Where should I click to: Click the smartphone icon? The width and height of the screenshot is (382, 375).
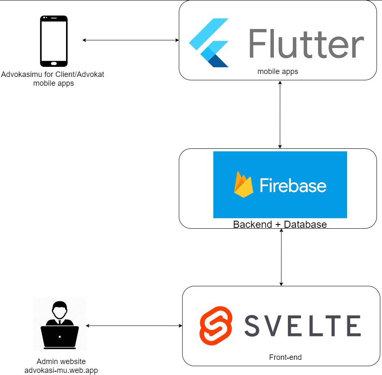coord(53,41)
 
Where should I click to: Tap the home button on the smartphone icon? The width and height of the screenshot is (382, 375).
coord(53,63)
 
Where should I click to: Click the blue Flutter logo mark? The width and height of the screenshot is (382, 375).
coord(209,43)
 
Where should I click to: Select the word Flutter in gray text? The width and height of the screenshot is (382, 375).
coord(306,43)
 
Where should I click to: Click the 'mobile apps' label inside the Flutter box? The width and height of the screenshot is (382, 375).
coord(278,71)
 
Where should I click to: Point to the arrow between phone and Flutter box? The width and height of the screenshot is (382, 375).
coord(130,40)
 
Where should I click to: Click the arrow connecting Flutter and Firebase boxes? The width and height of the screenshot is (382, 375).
coord(280,114)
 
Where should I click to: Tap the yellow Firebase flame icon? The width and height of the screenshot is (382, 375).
coord(244,185)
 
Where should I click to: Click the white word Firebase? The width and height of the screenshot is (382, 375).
coord(293,185)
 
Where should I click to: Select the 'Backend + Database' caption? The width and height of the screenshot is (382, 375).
coord(280,224)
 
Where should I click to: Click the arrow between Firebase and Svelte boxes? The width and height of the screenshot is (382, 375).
coord(281,257)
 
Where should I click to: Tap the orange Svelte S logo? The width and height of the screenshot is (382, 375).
coord(216,326)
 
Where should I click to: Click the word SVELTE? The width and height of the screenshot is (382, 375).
coord(302,326)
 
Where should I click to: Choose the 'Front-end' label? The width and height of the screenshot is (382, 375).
coord(285,357)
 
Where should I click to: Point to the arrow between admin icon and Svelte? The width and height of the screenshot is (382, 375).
coord(134,326)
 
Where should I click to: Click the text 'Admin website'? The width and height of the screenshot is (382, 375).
coord(61,362)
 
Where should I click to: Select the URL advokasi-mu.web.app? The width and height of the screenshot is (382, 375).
coord(61,370)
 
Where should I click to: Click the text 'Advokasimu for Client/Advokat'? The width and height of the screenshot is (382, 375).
coord(53,75)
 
